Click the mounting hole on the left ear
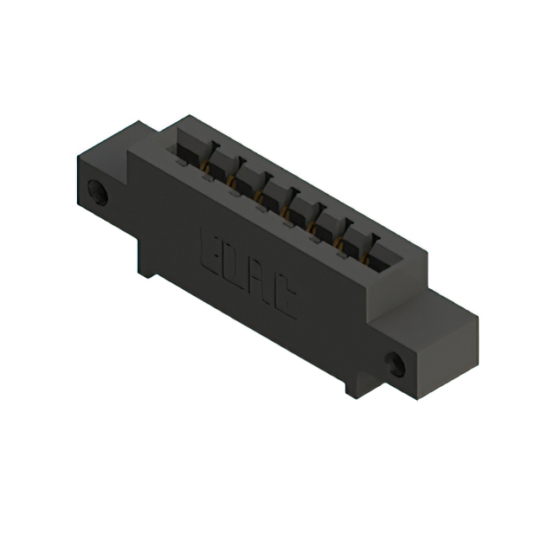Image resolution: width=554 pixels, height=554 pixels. coord(100,192)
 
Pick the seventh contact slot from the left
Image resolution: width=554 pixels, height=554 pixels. coord(355,238)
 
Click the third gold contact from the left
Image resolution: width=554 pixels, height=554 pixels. coord(259,194)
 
